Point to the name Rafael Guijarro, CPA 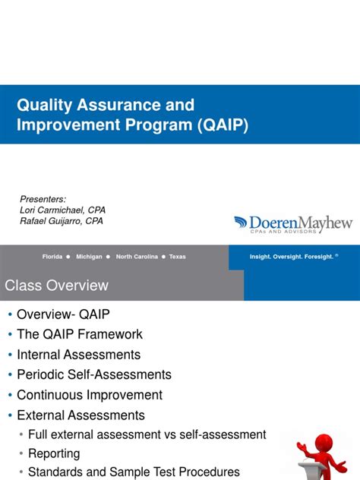tap(61, 221)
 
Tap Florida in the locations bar tap(52, 257)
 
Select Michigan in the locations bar tap(89, 257)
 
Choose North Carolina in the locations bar tap(136, 257)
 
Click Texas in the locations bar tap(177, 257)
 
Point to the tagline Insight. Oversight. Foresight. tap(292, 257)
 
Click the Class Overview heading tap(57, 286)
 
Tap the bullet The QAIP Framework tap(80, 334)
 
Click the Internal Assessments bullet tap(79, 355)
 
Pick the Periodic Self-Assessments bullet tap(94, 374)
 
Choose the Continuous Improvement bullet tap(90, 395)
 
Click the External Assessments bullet tap(81, 415)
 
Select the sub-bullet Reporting tap(54, 453)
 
